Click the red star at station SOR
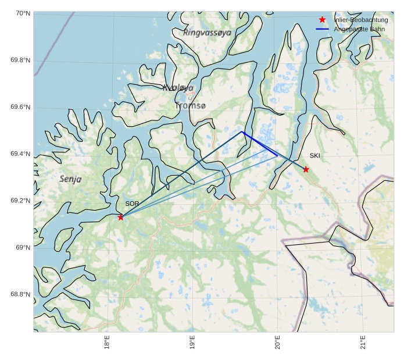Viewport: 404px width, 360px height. [121, 217]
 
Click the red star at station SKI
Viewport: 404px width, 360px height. [306, 169]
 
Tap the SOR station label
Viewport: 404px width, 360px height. [132, 204]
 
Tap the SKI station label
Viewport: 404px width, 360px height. [314, 155]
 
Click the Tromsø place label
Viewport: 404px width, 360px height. [190, 106]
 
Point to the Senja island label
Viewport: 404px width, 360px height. [70, 179]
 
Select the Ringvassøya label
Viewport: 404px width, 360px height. [207, 33]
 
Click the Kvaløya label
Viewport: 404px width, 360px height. [178, 88]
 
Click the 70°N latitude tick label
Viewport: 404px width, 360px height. [22, 13]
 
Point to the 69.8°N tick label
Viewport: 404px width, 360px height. [20, 60]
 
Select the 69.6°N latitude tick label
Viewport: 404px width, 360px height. [20, 107]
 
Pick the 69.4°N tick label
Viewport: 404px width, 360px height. [20, 154]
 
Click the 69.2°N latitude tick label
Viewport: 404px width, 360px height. [20, 201]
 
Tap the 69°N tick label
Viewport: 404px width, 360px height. [22, 248]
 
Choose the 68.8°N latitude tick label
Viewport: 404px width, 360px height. [20, 294]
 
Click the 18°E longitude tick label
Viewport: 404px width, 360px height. [108, 343]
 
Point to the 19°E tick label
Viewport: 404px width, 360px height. [192, 343]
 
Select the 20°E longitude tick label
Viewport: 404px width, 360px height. [278, 343]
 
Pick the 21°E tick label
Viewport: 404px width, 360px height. [363, 343]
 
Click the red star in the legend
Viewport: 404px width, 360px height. [322, 20]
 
